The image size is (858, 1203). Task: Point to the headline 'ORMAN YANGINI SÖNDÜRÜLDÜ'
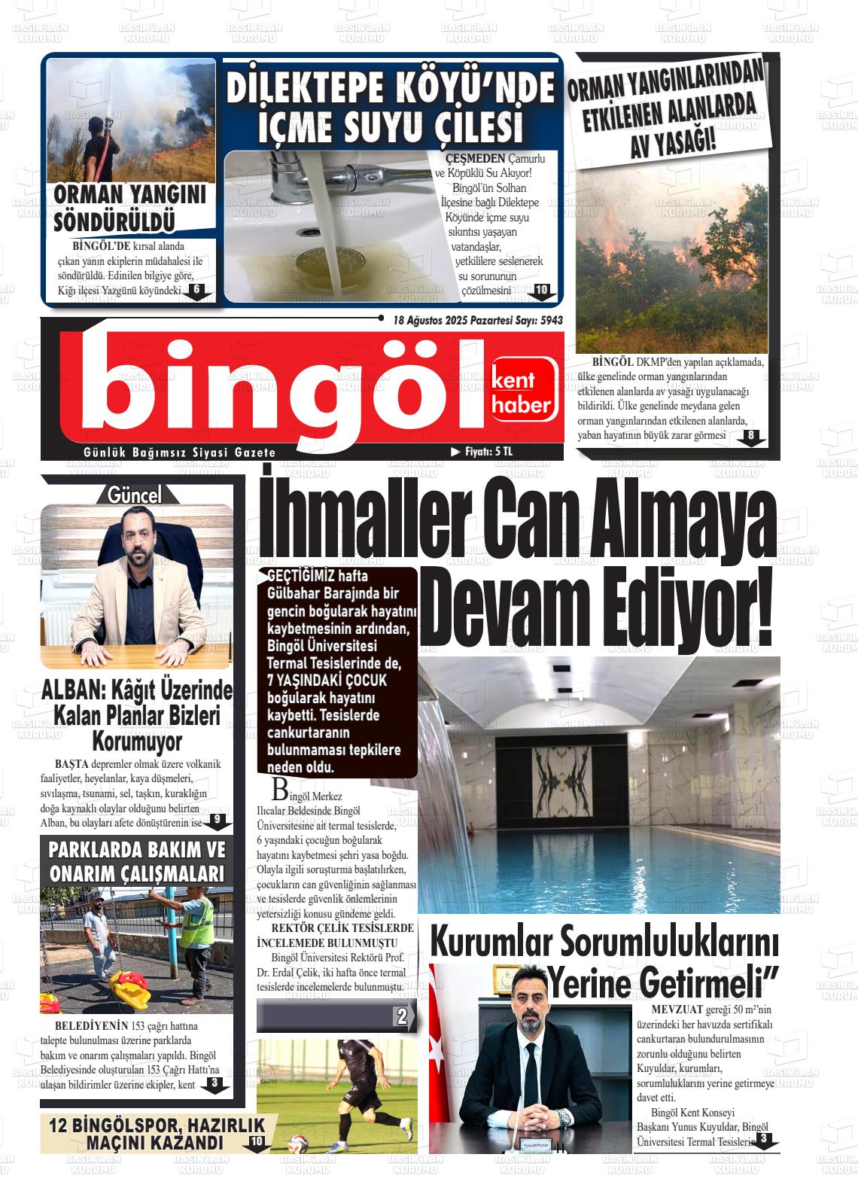pyautogui.click(x=129, y=208)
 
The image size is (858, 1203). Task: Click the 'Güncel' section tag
pyautogui.click(x=135, y=495)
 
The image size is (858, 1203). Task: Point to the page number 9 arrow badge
pyautogui.click(x=216, y=820)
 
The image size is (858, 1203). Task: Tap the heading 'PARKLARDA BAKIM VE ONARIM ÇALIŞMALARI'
pyautogui.click(x=136, y=862)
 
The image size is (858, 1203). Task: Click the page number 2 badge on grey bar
pyautogui.click(x=402, y=1017)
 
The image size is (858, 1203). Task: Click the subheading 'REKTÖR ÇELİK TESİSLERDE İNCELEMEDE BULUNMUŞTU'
pyautogui.click(x=335, y=935)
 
